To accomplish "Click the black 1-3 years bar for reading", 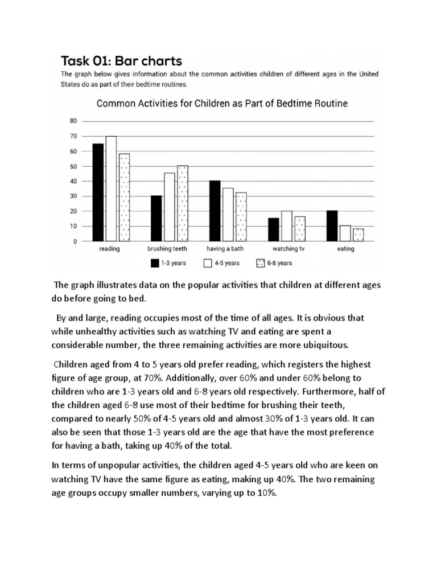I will pyautogui.click(x=98, y=192).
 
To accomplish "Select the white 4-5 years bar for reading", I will pyautogui.click(x=111, y=189).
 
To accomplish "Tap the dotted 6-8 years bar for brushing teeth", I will pyautogui.click(x=182, y=204).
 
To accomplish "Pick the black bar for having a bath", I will pyautogui.click(x=215, y=211).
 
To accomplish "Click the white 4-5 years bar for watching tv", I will pyautogui.click(x=287, y=227).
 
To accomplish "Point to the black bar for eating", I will pyautogui.click(x=332, y=227).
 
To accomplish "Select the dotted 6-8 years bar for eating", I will pyautogui.click(x=358, y=235).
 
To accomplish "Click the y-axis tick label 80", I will pyautogui.click(x=73, y=121).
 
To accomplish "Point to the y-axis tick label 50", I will pyautogui.click(x=73, y=166).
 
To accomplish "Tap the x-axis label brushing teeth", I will pyautogui.click(x=166, y=249).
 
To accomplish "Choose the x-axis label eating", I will pyautogui.click(x=345, y=249).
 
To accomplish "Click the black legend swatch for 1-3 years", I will pyautogui.click(x=154, y=263).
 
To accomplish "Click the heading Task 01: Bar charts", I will pyautogui.click(x=122, y=60).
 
